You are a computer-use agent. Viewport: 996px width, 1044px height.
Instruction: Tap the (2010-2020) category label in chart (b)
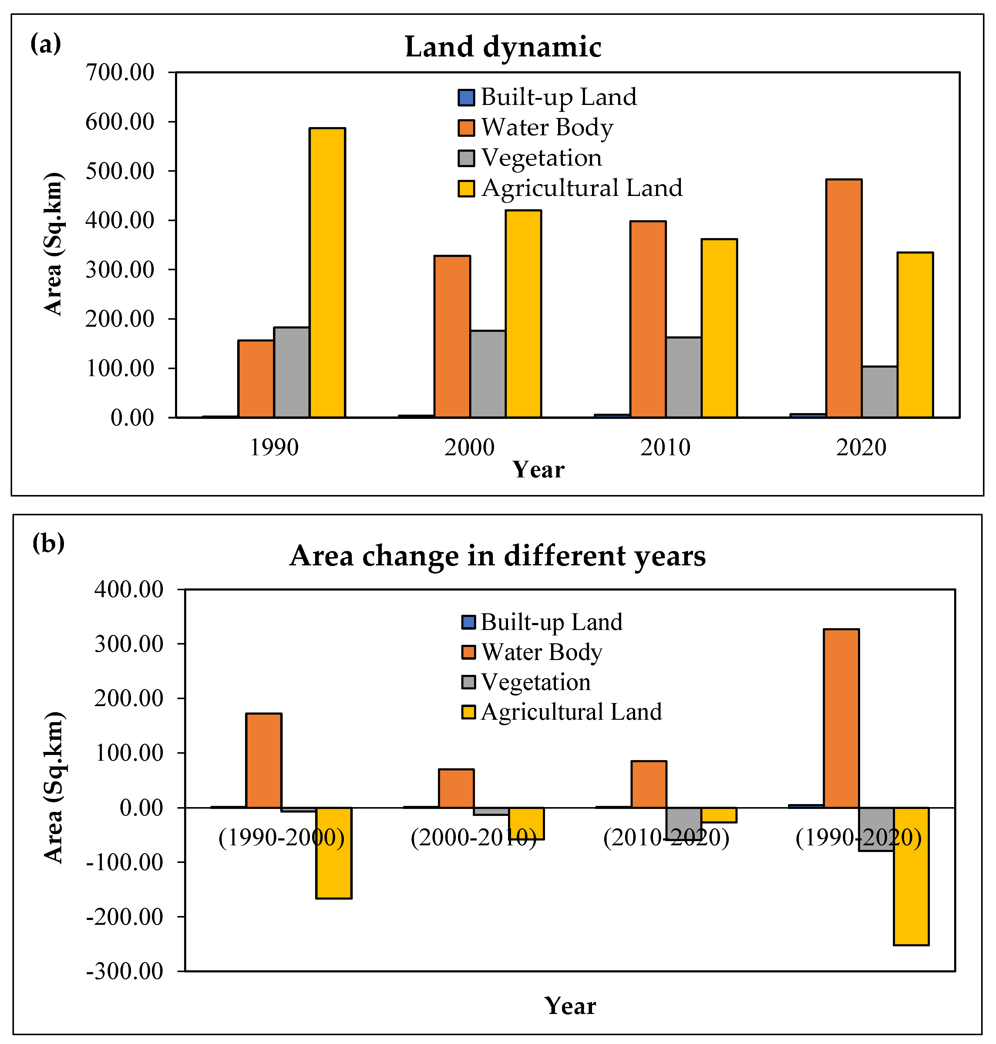(666, 837)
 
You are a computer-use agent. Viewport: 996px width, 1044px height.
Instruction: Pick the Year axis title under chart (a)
(538, 470)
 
